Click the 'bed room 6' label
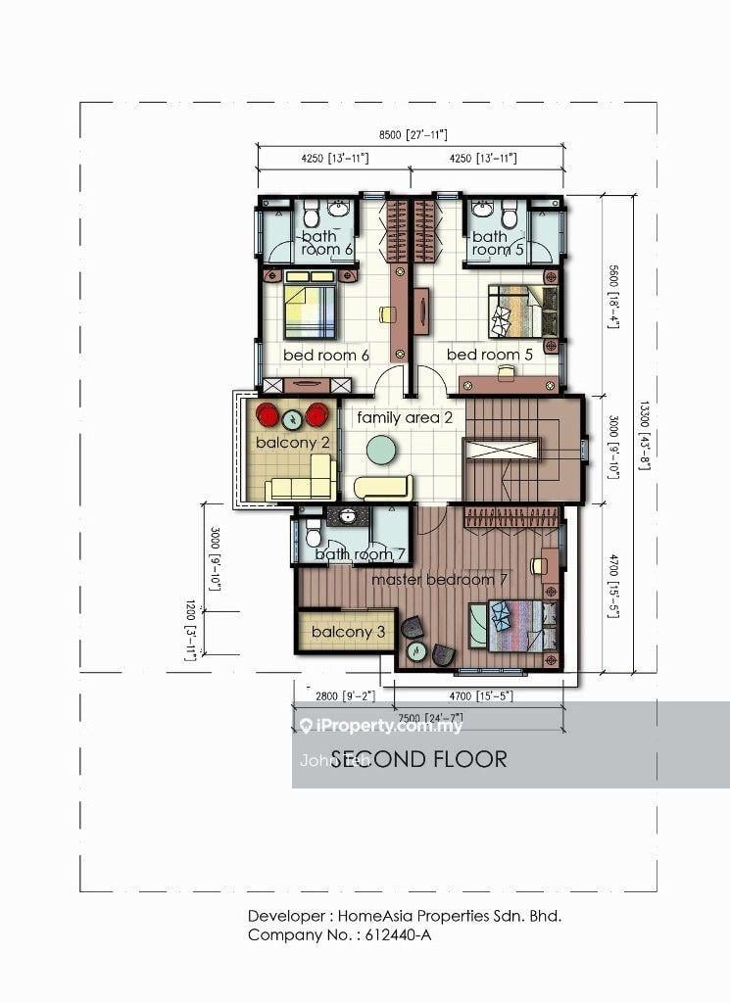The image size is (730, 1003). (325, 355)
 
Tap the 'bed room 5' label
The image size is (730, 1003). (489, 355)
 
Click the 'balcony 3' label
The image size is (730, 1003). (348, 633)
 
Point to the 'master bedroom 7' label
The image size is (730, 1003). (439, 580)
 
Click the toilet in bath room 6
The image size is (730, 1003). (310, 213)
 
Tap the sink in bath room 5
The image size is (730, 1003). (482, 210)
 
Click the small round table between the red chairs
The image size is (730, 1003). (292, 420)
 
